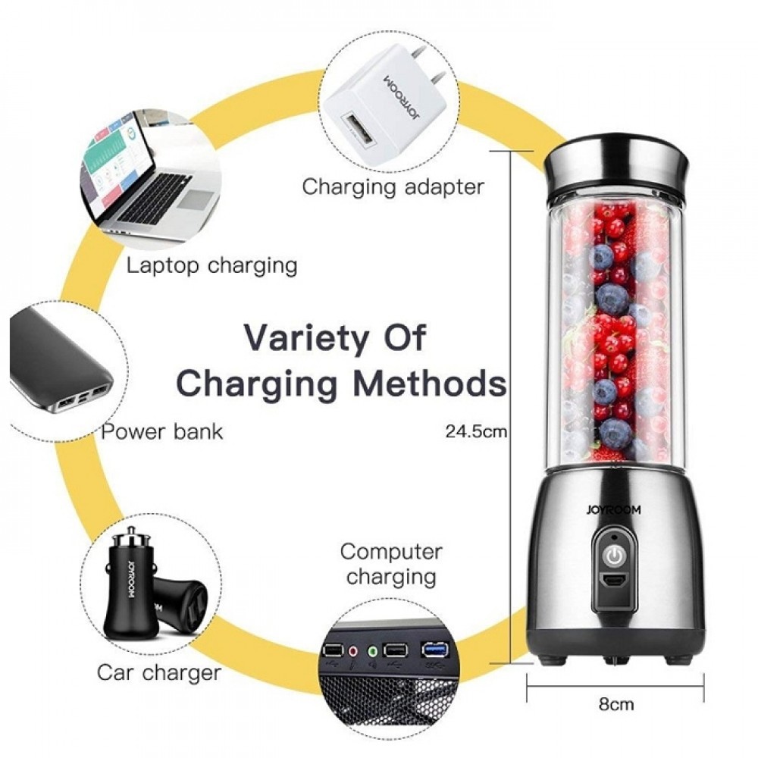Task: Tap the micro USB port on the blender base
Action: pos(615,582)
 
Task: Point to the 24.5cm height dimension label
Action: pos(475,434)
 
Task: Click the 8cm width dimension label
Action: pos(616,704)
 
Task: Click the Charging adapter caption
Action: pos(393,186)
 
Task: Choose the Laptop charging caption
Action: pos(211,265)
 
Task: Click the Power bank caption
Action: pos(162,432)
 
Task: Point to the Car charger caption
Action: pos(159,672)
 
